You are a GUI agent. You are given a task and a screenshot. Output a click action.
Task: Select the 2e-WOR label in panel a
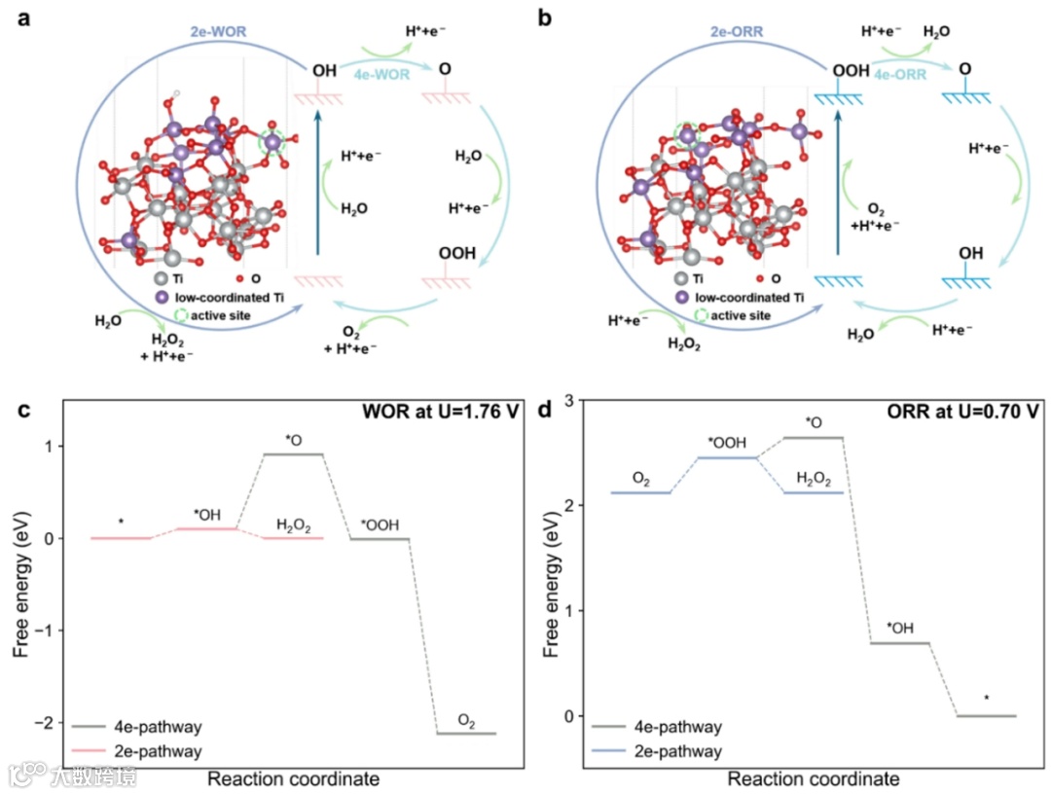[x=220, y=31]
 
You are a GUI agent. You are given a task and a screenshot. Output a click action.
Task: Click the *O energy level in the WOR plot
[x=294, y=454]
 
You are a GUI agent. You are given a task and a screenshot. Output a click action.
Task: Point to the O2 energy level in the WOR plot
[x=466, y=733]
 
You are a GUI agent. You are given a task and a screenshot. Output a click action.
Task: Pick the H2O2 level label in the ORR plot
[x=814, y=478]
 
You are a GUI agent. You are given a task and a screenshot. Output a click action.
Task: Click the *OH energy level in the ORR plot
[x=899, y=642]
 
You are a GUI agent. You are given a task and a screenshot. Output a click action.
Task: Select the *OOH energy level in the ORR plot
[x=727, y=457]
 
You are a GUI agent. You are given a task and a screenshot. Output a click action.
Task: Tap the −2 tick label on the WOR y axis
[x=45, y=722]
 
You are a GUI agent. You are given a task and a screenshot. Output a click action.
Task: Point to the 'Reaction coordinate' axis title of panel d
[x=814, y=778]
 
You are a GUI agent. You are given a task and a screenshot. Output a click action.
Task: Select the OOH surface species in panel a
[x=457, y=254]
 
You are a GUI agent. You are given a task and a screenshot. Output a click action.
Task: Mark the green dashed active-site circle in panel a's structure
[x=272, y=144]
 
